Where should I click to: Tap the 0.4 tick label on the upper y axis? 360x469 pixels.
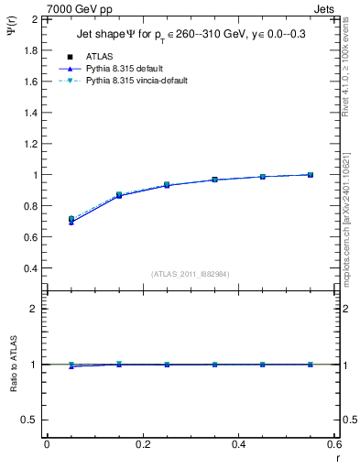[x=31, y=268]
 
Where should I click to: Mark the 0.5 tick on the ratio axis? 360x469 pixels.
[x=31, y=420]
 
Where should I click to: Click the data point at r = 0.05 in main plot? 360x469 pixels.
[x=71, y=220]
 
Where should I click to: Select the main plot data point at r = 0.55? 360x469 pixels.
[x=311, y=175]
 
